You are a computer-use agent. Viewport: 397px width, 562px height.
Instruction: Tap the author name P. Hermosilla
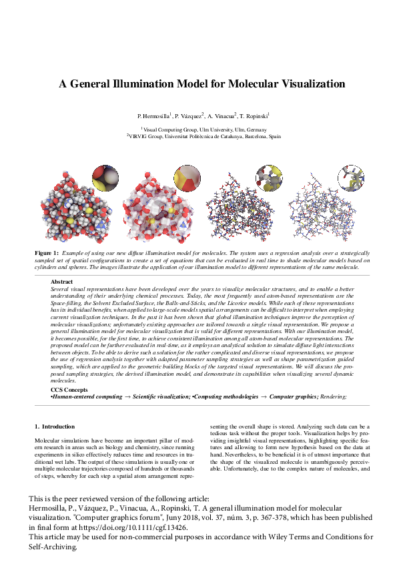[153, 116]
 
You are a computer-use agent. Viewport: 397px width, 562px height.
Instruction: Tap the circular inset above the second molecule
[187, 178]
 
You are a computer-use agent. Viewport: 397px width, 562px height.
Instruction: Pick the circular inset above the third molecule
[270, 178]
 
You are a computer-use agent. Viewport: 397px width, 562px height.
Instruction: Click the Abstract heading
[61, 282]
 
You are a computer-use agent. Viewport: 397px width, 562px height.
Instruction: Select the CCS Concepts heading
[69, 390]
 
